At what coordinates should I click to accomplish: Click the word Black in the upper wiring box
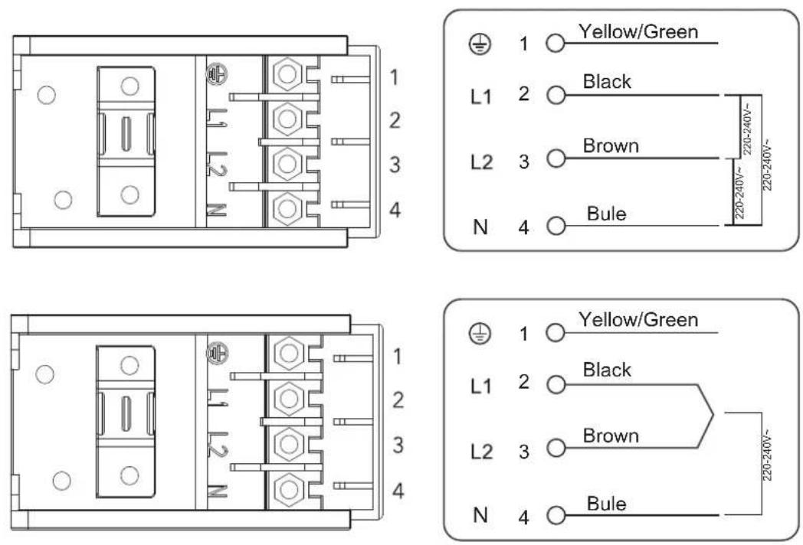pyautogui.click(x=607, y=81)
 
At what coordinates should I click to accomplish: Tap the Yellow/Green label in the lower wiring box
pyautogui.click(x=638, y=320)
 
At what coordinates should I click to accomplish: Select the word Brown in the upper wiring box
pyautogui.click(x=611, y=146)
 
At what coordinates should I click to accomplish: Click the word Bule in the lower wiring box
pyautogui.click(x=606, y=504)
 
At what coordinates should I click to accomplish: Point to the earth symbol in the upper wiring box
pyautogui.click(x=480, y=44)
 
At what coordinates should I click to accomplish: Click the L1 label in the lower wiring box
pyautogui.click(x=481, y=387)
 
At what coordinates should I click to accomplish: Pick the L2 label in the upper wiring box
pyautogui.click(x=481, y=162)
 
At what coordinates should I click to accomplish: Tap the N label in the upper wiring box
pyautogui.click(x=480, y=226)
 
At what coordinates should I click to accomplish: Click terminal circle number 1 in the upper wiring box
pyautogui.click(x=556, y=44)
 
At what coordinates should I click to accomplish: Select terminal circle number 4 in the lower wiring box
pyautogui.click(x=556, y=515)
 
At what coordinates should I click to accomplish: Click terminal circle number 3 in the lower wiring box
pyautogui.click(x=556, y=449)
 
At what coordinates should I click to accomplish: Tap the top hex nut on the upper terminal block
pyautogui.click(x=287, y=74)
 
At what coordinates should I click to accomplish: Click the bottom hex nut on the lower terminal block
pyautogui.click(x=290, y=489)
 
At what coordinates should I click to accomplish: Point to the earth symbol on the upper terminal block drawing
pyautogui.click(x=217, y=73)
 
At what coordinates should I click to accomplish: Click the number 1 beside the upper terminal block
pyautogui.click(x=394, y=77)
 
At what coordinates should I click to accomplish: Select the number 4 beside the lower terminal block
pyautogui.click(x=398, y=491)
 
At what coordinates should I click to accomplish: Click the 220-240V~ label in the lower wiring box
pyautogui.click(x=767, y=458)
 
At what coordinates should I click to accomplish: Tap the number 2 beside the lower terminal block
pyautogui.click(x=398, y=400)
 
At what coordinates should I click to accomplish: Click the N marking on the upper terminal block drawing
pyautogui.click(x=216, y=210)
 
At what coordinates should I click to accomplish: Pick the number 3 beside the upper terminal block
pyautogui.click(x=395, y=165)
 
